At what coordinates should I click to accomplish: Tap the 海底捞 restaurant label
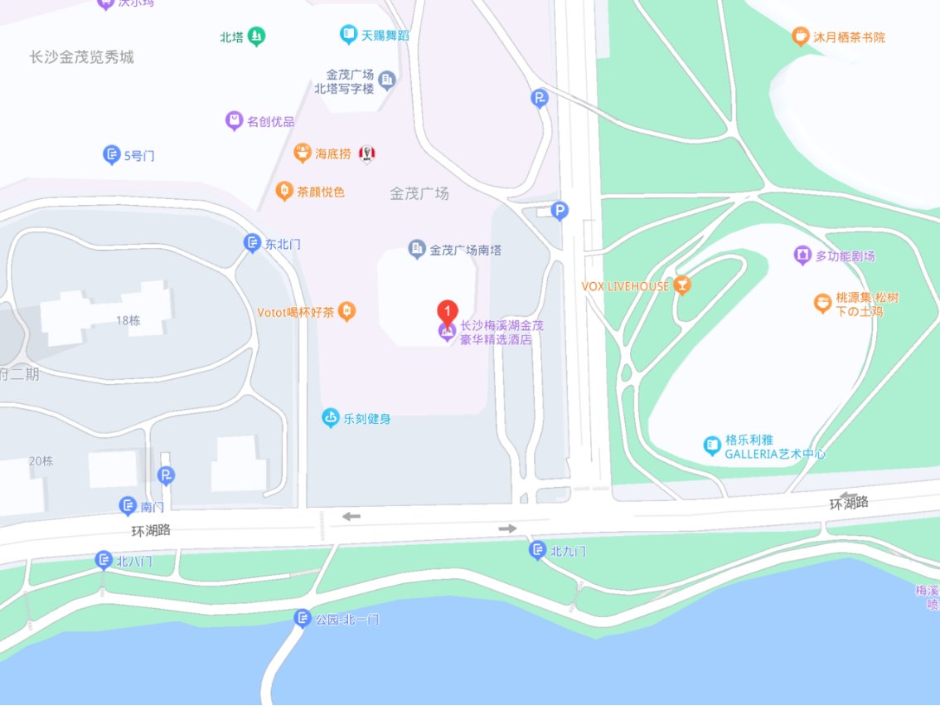[x=333, y=153]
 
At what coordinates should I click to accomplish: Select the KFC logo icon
[x=367, y=154]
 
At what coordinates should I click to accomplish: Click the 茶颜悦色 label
[x=321, y=192]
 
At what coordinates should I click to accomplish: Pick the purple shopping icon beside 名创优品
[x=235, y=121]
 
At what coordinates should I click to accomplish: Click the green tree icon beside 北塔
[x=257, y=37]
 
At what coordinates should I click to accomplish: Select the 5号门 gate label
[x=139, y=155]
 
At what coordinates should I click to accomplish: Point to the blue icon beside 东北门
[x=252, y=243]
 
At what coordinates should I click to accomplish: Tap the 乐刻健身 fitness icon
[x=331, y=418]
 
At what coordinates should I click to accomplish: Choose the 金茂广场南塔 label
[x=465, y=249]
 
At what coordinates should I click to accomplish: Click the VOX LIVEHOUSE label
[x=625, y=286]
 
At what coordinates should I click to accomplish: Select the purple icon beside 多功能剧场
[x=802, y=256]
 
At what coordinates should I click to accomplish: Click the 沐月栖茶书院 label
[x=850, y=37]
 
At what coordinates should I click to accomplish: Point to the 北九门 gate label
[x=569, y=551]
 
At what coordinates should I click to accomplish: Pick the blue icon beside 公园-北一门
[x=302, y=618]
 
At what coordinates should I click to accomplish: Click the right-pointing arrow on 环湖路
[x=507, y=528]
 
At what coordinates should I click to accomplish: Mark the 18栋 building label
[x=128, y=320]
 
